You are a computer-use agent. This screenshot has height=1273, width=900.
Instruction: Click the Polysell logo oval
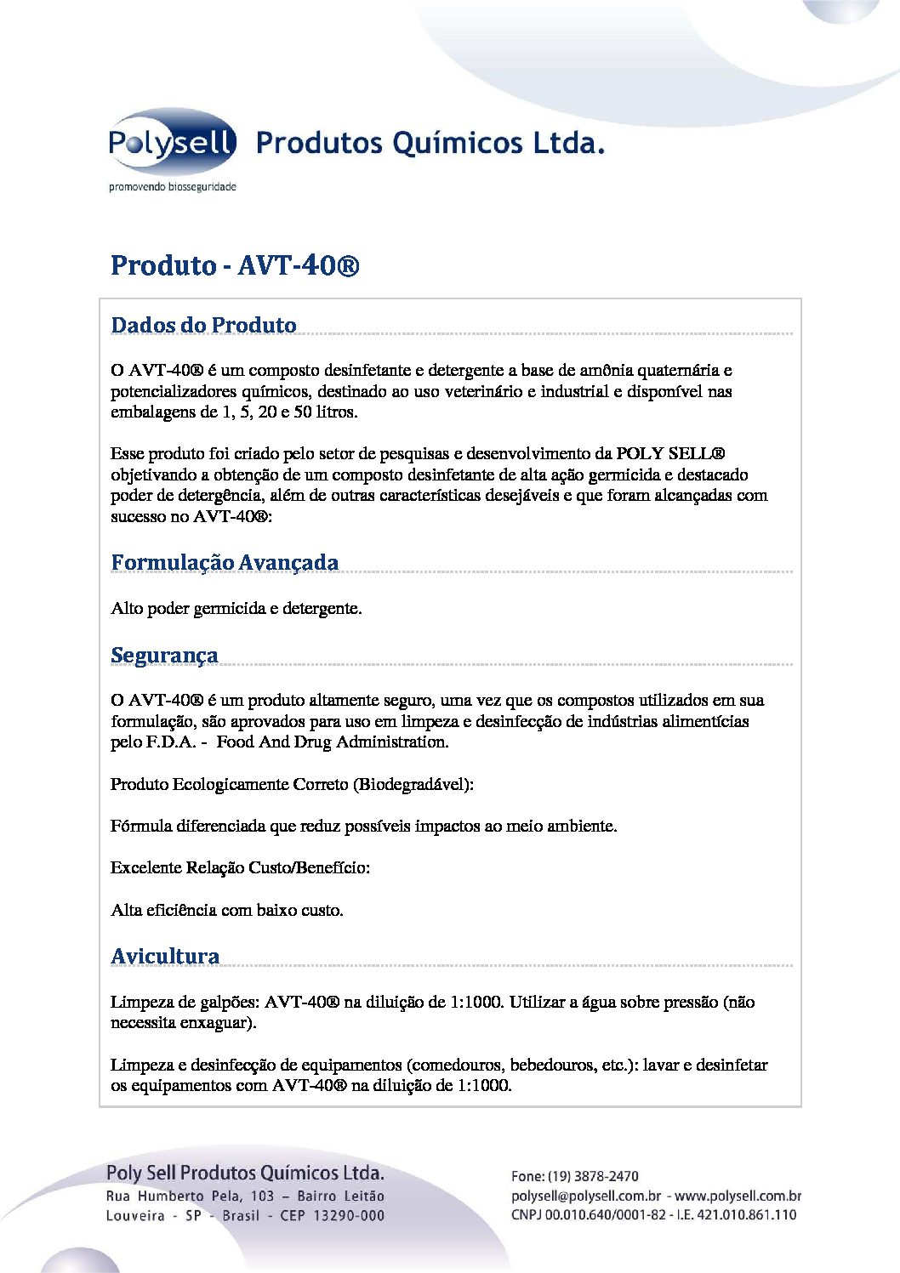[x=172, y=142]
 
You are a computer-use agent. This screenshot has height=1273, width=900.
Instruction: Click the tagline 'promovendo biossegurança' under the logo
[x=173, y=187]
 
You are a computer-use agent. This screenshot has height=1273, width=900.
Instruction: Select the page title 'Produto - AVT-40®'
[x=235, y=265]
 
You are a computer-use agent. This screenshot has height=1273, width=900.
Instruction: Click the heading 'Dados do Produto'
[x=203, y=325]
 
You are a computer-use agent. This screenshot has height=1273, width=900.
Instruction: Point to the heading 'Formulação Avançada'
[x=225, y=562]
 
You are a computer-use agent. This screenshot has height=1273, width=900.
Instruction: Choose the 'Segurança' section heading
[x=164, y=655]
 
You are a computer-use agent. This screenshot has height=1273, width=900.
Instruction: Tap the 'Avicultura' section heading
[x=165, y=956]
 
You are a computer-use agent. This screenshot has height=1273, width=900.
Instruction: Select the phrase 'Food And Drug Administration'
[x=332, y=742]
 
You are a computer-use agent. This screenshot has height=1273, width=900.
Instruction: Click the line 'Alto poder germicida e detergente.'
[x=236, y=608]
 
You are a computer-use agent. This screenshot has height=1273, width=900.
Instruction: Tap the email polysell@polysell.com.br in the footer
[x=586, y=1196]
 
